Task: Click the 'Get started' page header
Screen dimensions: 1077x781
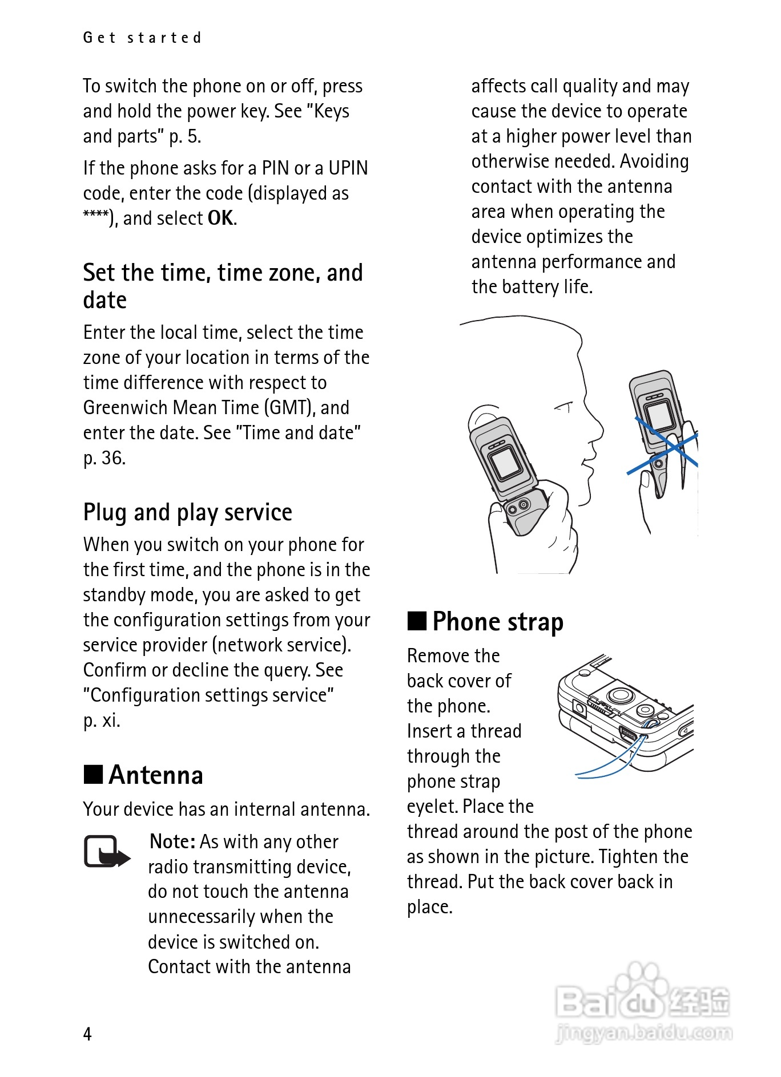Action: (x=142, y=38)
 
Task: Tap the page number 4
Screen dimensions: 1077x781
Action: (x=87, y=1034)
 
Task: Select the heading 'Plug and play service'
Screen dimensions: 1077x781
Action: (x=187, y=512)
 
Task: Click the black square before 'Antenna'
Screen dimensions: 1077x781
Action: (x=93, y=775)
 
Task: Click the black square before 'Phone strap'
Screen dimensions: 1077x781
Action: (x=417, y=620)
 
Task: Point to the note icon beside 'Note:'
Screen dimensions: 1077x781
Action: (x=106, y=851)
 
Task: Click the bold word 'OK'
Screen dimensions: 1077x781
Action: (x=220, y=218)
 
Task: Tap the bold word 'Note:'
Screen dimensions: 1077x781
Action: (x=172, y=842)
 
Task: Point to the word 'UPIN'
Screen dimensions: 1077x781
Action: (x=348, y=168)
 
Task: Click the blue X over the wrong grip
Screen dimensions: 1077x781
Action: (x=666, y=445)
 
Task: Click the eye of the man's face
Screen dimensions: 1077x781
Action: (x=564, y=407)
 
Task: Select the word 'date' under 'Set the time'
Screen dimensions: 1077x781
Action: (x=105, y=301)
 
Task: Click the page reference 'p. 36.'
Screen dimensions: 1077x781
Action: (x=104, y=458)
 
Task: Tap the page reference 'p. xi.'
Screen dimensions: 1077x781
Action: (x=102, y=720)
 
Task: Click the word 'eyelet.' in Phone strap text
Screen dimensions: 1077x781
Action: (x=432, y=807)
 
